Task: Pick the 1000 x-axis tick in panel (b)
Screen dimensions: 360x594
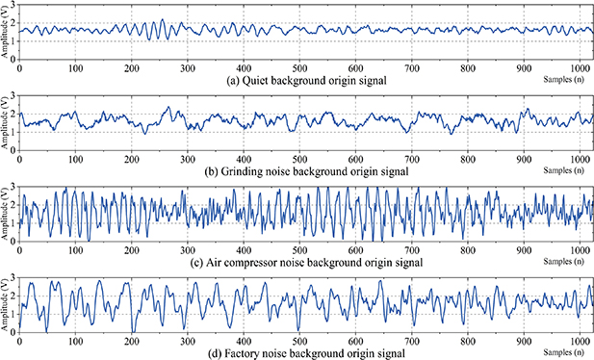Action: coord(578,160)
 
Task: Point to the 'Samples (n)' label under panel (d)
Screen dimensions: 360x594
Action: coord(568,347)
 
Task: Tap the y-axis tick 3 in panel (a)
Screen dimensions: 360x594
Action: coord(13,7)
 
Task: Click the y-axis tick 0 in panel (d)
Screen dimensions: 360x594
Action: coord(13,333)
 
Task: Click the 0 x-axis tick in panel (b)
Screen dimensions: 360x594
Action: coord(20,160)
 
